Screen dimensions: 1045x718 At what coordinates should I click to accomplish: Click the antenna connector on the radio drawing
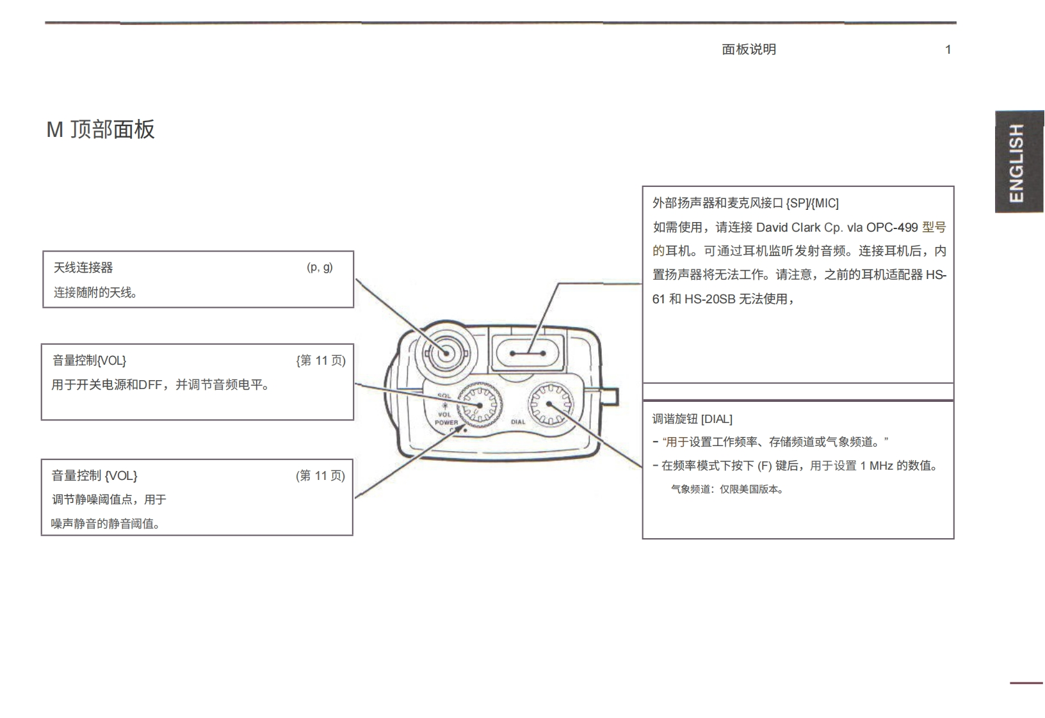tap(446, 353)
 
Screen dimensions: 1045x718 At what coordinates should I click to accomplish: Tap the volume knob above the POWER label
tap(480, 405)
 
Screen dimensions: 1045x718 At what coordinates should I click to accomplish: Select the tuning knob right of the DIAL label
tap(550, 404)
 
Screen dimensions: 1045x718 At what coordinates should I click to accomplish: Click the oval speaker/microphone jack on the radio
tap(527, 353)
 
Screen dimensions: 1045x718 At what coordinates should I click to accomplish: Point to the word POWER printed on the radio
tap(446, 422)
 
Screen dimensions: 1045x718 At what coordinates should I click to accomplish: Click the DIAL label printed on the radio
tap(518, 422)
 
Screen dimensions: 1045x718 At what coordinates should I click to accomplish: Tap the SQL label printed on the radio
tap(444, 396)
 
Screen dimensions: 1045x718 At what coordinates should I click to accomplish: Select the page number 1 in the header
tap(948, 50)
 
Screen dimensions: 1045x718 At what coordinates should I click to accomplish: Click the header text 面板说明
tap(749, 50)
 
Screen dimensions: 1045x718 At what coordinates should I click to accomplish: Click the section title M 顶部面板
tap(101, 129)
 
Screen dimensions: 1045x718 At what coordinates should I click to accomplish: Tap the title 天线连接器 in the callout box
tap(83, 267)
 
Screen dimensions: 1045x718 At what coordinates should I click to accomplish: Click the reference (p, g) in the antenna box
tap(320, 267)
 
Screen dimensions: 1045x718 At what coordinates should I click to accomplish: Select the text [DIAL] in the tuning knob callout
tap(717, 419)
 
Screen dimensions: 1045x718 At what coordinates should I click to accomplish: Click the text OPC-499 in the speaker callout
tap(892, 227)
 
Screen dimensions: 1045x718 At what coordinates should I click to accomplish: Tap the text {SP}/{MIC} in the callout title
tap(812, 203)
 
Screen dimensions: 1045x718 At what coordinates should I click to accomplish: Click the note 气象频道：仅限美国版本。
tap(727, 490)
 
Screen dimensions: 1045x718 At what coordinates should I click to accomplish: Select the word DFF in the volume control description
tap(150, 385)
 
